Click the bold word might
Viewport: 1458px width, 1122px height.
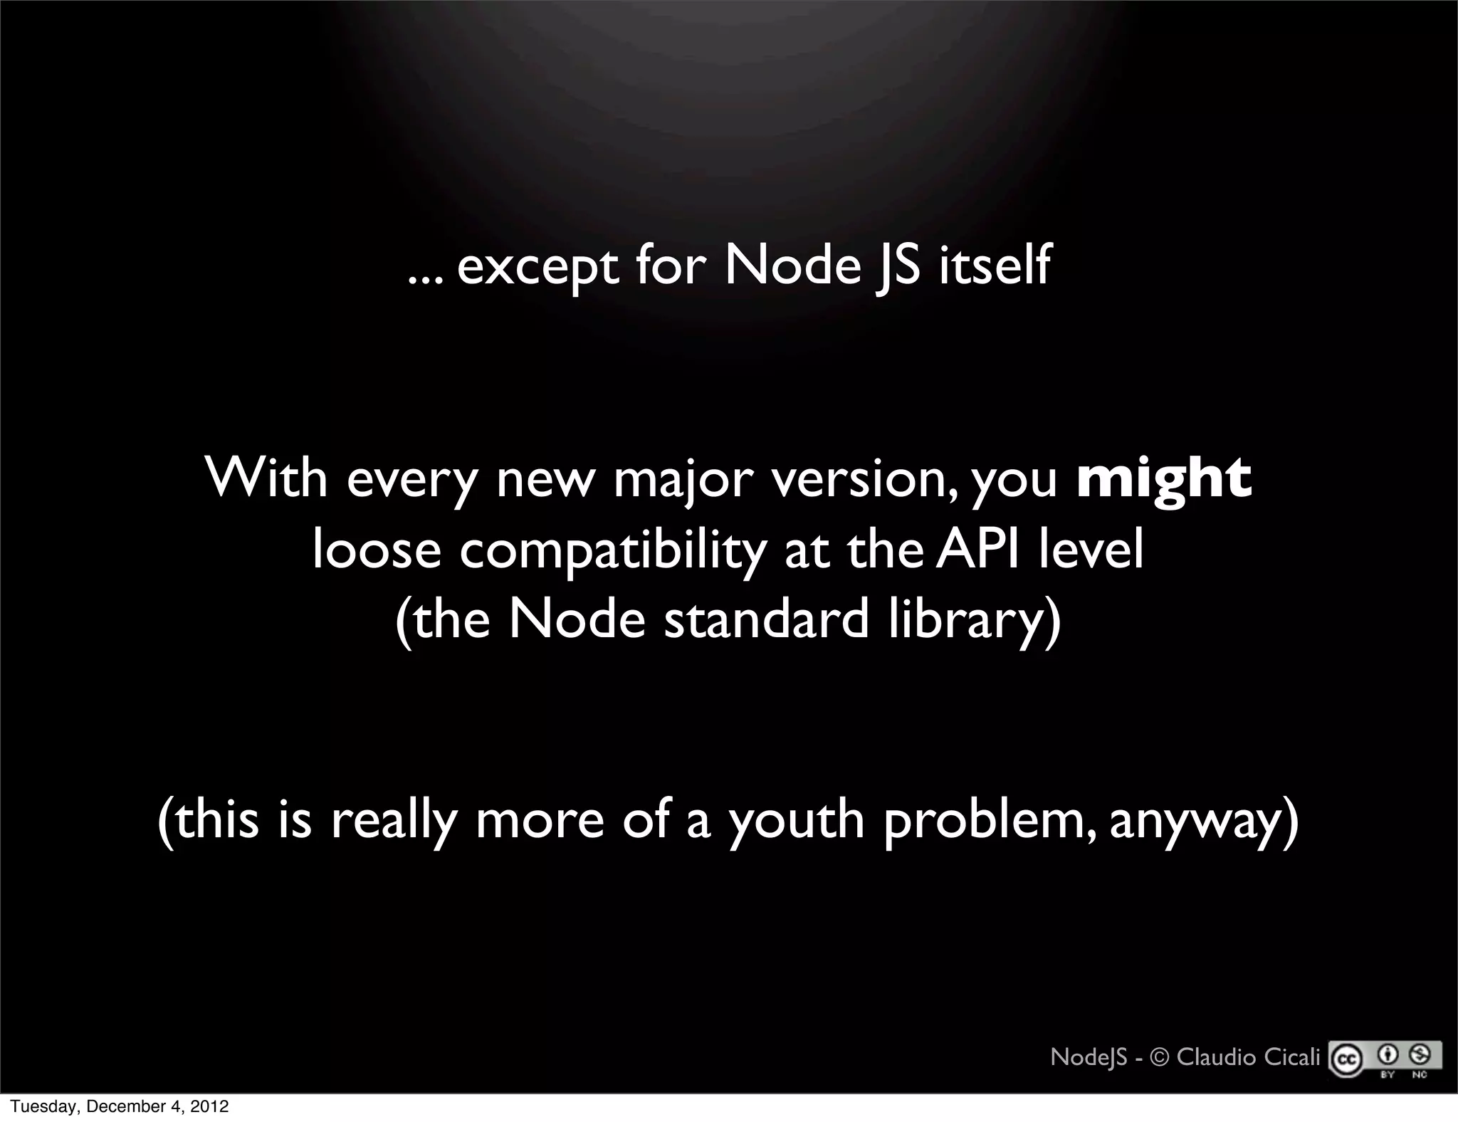tap(1164, 479)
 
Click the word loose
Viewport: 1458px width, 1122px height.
tap(377, 550)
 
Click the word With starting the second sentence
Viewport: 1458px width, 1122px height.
tap(267, 478)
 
